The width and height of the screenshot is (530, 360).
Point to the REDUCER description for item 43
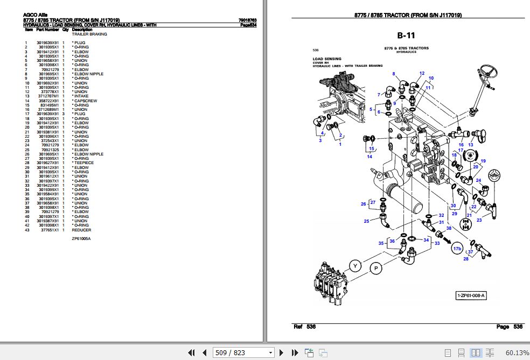82,229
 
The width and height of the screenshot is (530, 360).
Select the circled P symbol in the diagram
375,268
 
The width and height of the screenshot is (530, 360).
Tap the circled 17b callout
457,248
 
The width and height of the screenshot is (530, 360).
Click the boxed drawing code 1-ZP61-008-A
471,295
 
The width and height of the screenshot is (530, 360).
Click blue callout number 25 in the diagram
366,221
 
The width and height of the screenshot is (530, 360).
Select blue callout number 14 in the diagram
369,157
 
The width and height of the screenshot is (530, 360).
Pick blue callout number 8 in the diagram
394,74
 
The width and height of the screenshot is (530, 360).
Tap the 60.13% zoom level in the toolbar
517,353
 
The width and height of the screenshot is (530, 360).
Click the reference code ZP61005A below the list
81,238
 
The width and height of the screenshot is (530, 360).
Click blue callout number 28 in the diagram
466,259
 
